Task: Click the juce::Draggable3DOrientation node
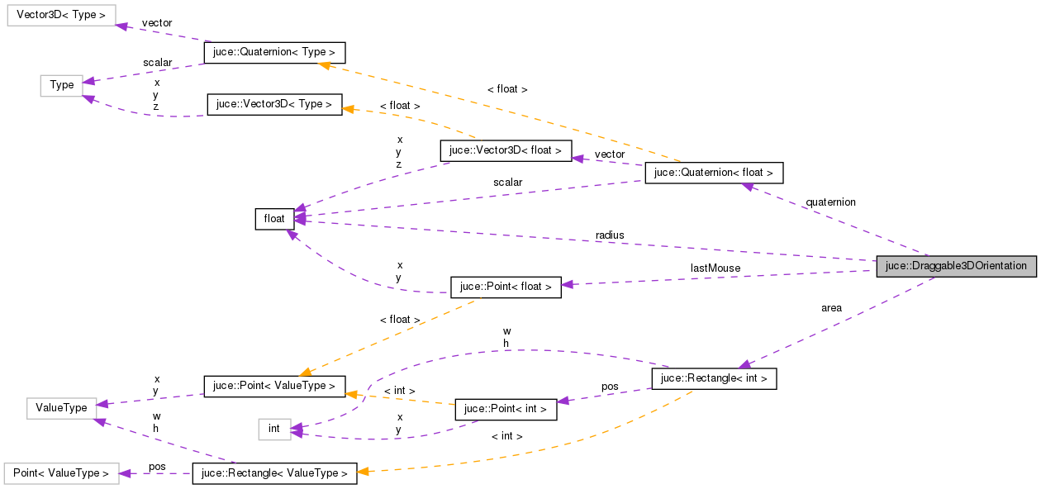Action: tap(956, 266)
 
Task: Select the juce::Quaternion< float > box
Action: tap(713, 173)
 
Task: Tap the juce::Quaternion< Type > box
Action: tap(274, 52)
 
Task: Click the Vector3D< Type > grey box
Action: tap(61, 15)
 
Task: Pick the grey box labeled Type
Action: tap(61, 84)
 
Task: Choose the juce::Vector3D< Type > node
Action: tap(274, 105)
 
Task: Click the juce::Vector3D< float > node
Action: tap(506, 150)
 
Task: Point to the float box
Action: tap(274, 219)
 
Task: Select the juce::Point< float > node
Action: tap(506, 287)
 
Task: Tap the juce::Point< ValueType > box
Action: tap(274, 386)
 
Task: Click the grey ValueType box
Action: tap(61, 407)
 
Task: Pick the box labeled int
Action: tap(274, 429)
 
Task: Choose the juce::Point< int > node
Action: tap(506, 409)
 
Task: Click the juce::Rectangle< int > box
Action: tap(714, 378)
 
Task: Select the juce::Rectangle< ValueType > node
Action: tap(274, 473)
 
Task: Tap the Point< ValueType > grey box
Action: tap(61, 473)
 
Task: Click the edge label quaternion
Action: tap(830, 202)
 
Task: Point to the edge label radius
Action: tap(610, 235)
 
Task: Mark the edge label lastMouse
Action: tap(715, 268)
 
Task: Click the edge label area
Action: tap(831, 308)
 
